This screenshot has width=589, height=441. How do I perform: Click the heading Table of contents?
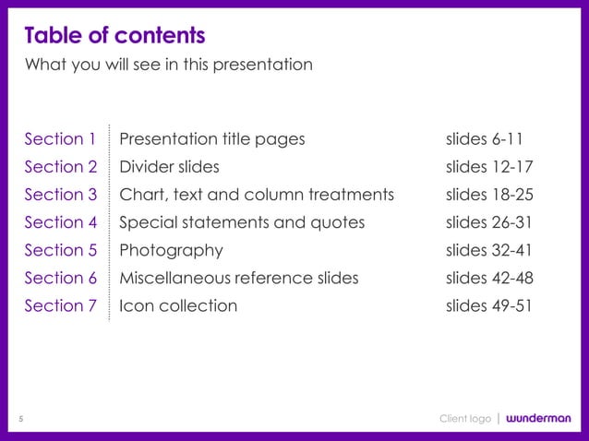click(114, 36)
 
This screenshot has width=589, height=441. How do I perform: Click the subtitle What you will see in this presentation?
click(168, 65)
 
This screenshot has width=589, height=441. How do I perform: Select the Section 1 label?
click(60, 139)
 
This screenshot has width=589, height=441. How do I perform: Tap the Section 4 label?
click(60, 222)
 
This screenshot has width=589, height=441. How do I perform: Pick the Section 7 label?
click(60, 305)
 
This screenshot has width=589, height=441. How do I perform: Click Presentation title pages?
click(212, 139)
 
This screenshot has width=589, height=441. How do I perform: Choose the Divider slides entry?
click(170, 167)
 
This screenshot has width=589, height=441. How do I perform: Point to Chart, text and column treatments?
click(257, 195)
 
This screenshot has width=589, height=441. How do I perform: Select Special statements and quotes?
click(242, 222)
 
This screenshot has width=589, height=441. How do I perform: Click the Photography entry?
click(172, 250)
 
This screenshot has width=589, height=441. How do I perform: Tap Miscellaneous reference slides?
click(239, 278)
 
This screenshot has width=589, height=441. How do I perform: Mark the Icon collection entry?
click(178, 305)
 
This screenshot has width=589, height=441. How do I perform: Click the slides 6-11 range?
click(485, 139)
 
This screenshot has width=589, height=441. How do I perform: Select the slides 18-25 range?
click(489, 195)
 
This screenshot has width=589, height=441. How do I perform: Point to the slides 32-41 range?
click(489, 250)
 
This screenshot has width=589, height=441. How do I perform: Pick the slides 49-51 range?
click(489, 305)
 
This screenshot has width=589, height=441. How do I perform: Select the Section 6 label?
click(60, 278)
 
